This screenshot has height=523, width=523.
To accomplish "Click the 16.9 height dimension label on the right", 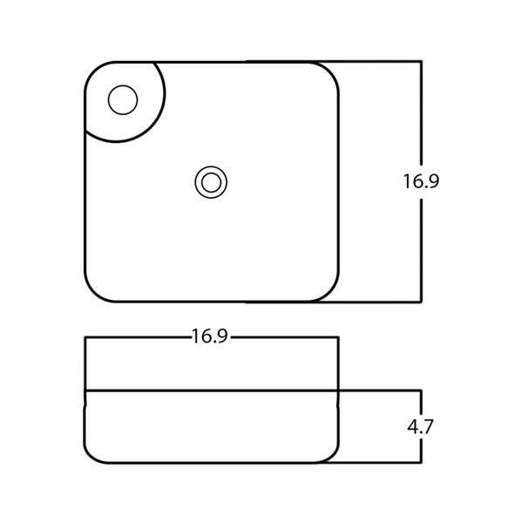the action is pyautogui.click(x=421, y=181).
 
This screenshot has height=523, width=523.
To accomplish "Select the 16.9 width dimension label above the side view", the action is pyautogui.click(x=210, y=336).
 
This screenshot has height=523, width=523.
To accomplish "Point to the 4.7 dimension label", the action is pyautogui.click(x=420, y=426).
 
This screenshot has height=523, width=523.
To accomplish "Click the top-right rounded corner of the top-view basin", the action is pyautogui.click(x=330, y=71).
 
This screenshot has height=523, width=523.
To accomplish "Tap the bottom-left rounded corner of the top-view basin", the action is pyautogui.click(x=93, y=293).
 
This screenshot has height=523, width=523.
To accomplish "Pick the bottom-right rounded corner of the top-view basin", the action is pyautogui.click(x=330, y=293).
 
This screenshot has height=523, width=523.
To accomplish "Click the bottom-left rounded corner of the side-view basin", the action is pyautogui.click(x=92, y=457).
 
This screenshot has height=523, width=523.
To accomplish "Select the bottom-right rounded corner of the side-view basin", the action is pyautogui.click(x=332, y=457).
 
